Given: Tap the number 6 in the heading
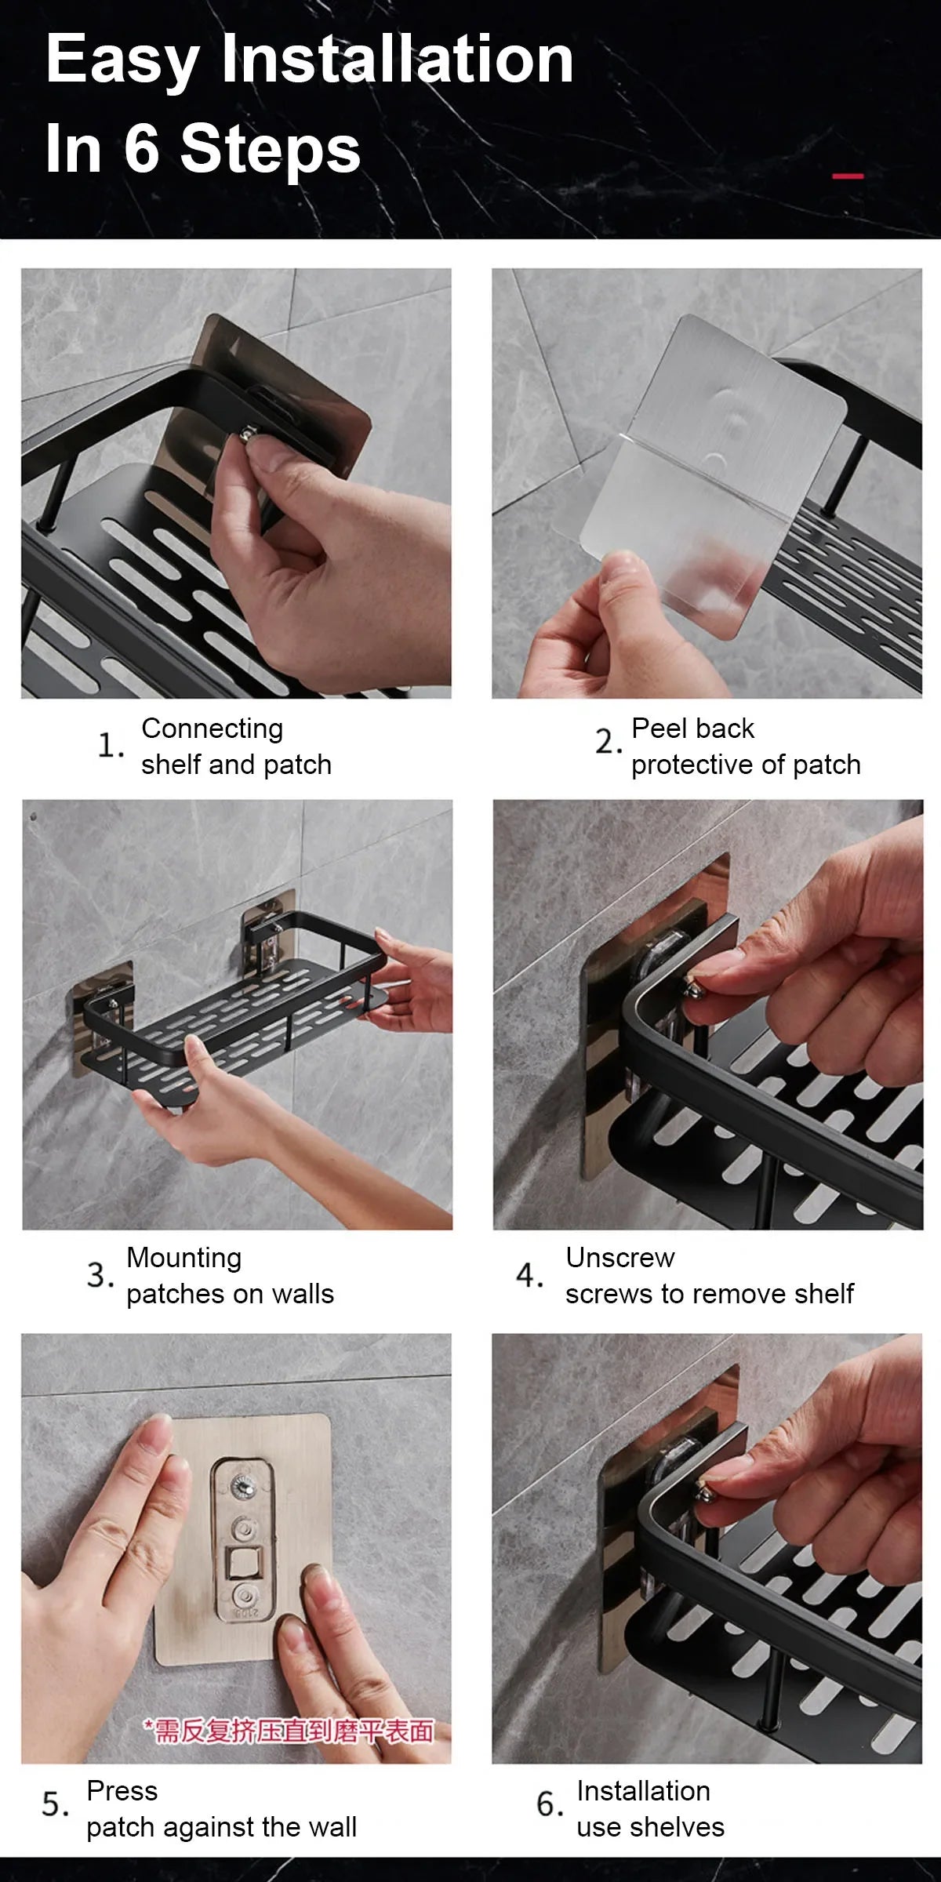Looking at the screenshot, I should point(141,148).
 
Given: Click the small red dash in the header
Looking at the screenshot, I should point(847,176).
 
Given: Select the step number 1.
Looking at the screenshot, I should point(109,745).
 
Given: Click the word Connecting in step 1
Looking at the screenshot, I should point(212,728).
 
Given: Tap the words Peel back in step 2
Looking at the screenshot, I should point(692,728).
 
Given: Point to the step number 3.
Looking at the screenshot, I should point(99,1275).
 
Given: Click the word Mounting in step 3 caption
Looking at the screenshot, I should point(183,1258).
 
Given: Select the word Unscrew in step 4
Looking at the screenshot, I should point(619,1258).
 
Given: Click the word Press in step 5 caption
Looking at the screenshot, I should point(122,1791).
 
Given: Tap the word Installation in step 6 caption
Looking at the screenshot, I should point(643,1791).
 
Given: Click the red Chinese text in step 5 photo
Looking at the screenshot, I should point(289,1731).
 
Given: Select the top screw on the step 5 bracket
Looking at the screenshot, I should point(242,1484).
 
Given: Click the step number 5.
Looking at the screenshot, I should point(54,1805).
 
